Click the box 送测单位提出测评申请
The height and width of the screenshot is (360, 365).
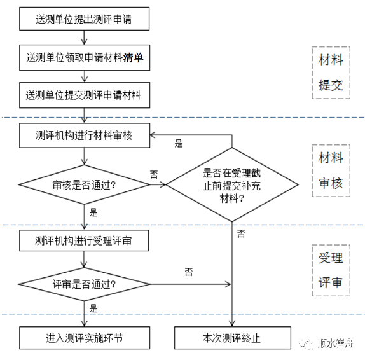tap(84, 20)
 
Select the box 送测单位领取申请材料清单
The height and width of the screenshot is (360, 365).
tap(84, 57)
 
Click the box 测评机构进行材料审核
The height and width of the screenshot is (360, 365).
tap(84, 134)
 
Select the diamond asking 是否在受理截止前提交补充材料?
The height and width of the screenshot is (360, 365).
tap(231, 185)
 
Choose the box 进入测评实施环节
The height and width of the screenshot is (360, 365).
tap(84, 338)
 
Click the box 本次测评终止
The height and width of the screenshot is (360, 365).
tap(231, 338)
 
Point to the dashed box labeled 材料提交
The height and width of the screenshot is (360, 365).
tap(331, 73)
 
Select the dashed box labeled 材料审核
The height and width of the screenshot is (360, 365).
tap(331, 170)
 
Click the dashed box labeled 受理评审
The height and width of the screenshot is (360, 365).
tap(331, 270)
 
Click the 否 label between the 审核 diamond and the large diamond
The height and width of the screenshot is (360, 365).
tap(154, 174)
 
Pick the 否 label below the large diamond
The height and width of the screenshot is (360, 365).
tap(241, 234)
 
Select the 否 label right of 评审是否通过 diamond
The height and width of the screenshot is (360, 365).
tap(189, 272)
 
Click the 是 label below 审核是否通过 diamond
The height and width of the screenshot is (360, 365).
tap(93, 212)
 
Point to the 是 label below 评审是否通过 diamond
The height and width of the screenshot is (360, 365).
tap(93, 308)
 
